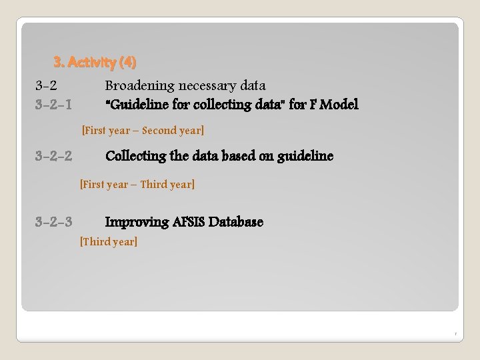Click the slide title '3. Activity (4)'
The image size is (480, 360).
(x=95, y=63)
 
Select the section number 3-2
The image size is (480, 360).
(x=46, y=85)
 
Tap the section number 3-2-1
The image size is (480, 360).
(x=54, y=105)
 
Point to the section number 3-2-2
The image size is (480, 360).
(x=54, y=156)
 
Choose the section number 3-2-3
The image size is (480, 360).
(x=54, y=222)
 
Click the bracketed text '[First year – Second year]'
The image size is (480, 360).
(x=142, y=131)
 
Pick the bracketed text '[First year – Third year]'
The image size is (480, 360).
(x=137, y=184)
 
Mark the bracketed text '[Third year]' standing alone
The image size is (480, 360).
(x=109, y=241)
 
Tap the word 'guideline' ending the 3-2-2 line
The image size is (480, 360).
(x=305, y=156)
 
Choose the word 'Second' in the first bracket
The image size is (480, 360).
(x=157, y=131)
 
